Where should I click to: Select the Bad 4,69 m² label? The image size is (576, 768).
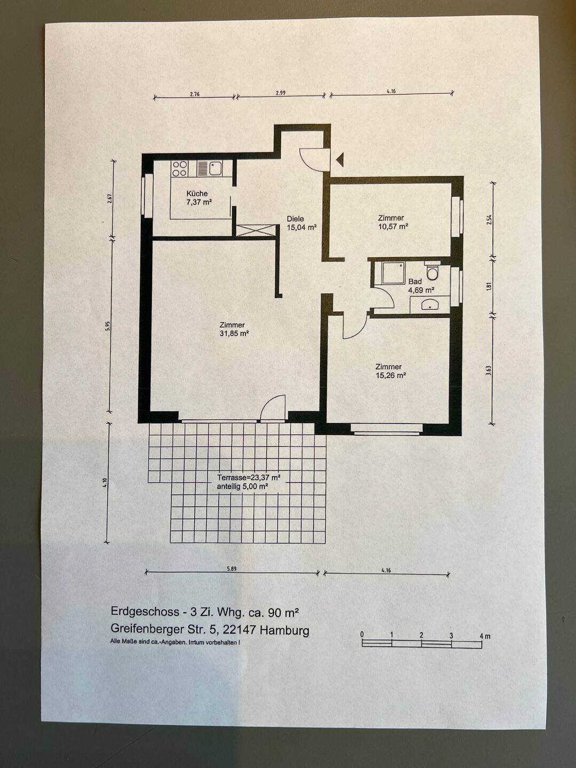pyautogui.click(x=421, y=285)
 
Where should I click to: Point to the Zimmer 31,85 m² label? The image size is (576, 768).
pyautogui.click(x=234, y=329)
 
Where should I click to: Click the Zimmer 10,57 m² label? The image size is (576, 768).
pyautogui.click(x=393, y=222)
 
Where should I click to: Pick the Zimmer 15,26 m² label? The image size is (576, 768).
pyautogui.click(x=390, y=371)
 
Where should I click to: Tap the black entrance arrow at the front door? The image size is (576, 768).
pyautogui.click(x=340, y=159)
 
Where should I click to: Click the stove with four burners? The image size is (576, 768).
pyautogui.click(x=179, y=169)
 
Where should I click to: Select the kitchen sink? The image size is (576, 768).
pyautogui.click(x=215, y=169)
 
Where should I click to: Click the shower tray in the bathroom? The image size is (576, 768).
pyautogui.click(x=393, y=273)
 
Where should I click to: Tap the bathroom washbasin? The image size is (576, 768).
pyautogui.click(x=429, y=305)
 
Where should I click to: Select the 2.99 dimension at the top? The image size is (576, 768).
pyautogui.click(x=281, y=93)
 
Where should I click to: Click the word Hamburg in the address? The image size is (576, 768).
pyautogui.click(x=284, y=630)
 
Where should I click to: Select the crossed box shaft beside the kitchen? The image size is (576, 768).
pyautogui.click(x=255, y=230)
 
